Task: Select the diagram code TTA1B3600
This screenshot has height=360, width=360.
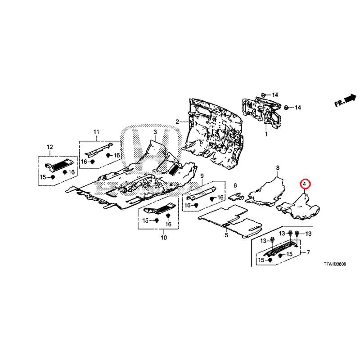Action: (335, 264)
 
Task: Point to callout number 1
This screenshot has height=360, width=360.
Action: (266, 134)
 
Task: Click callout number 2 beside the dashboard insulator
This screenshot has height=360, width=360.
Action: (177, 121)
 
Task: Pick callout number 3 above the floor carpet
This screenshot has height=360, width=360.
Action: (155, 132)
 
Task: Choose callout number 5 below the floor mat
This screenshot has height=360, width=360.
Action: (226, 235)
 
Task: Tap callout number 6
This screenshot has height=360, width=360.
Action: (235, 185)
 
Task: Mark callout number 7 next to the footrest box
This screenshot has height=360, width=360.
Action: (308, 252)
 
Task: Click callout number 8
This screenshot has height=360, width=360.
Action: (278, 168)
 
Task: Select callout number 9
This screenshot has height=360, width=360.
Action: (202, 176)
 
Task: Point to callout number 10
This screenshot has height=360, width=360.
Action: (164, 238)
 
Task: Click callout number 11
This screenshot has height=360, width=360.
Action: (96, 132)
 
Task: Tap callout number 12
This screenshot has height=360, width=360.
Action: (50, 147)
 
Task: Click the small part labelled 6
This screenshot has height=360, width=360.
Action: (235, 196)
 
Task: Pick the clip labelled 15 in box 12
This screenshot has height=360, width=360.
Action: (53, 177)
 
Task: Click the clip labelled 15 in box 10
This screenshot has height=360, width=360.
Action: (157, 220)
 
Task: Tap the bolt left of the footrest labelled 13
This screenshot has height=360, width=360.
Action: (273, 240)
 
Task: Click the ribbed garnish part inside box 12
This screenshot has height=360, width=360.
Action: (59, 165)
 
